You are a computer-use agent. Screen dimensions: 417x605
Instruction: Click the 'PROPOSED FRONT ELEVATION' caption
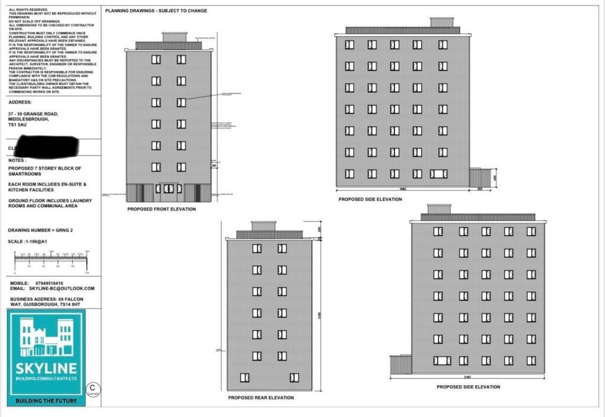click(161, 209)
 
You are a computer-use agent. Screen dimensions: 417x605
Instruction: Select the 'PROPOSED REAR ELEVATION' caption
click(261, 398)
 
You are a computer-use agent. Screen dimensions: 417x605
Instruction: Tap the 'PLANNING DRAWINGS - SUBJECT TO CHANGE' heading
click(156, 11)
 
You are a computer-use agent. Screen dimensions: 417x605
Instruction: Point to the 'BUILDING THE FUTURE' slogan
click(47, 401)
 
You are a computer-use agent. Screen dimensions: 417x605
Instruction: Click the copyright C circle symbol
click(93, 388)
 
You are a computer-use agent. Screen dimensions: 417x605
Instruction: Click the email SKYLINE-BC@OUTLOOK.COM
click(61, 288)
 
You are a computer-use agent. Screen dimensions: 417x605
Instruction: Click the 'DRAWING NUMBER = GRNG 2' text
click(41, 230)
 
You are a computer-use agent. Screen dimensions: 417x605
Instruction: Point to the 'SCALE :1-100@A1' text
click(27, 242)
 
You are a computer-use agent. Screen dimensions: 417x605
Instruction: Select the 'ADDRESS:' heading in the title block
click(20, 102)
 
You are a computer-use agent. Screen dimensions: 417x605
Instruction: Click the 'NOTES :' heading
click(17, 160)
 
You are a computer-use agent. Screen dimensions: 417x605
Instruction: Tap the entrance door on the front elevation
click(169, 190)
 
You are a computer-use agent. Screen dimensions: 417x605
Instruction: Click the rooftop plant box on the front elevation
click(174, 37)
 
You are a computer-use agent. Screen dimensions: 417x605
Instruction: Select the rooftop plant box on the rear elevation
click(263, 226)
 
